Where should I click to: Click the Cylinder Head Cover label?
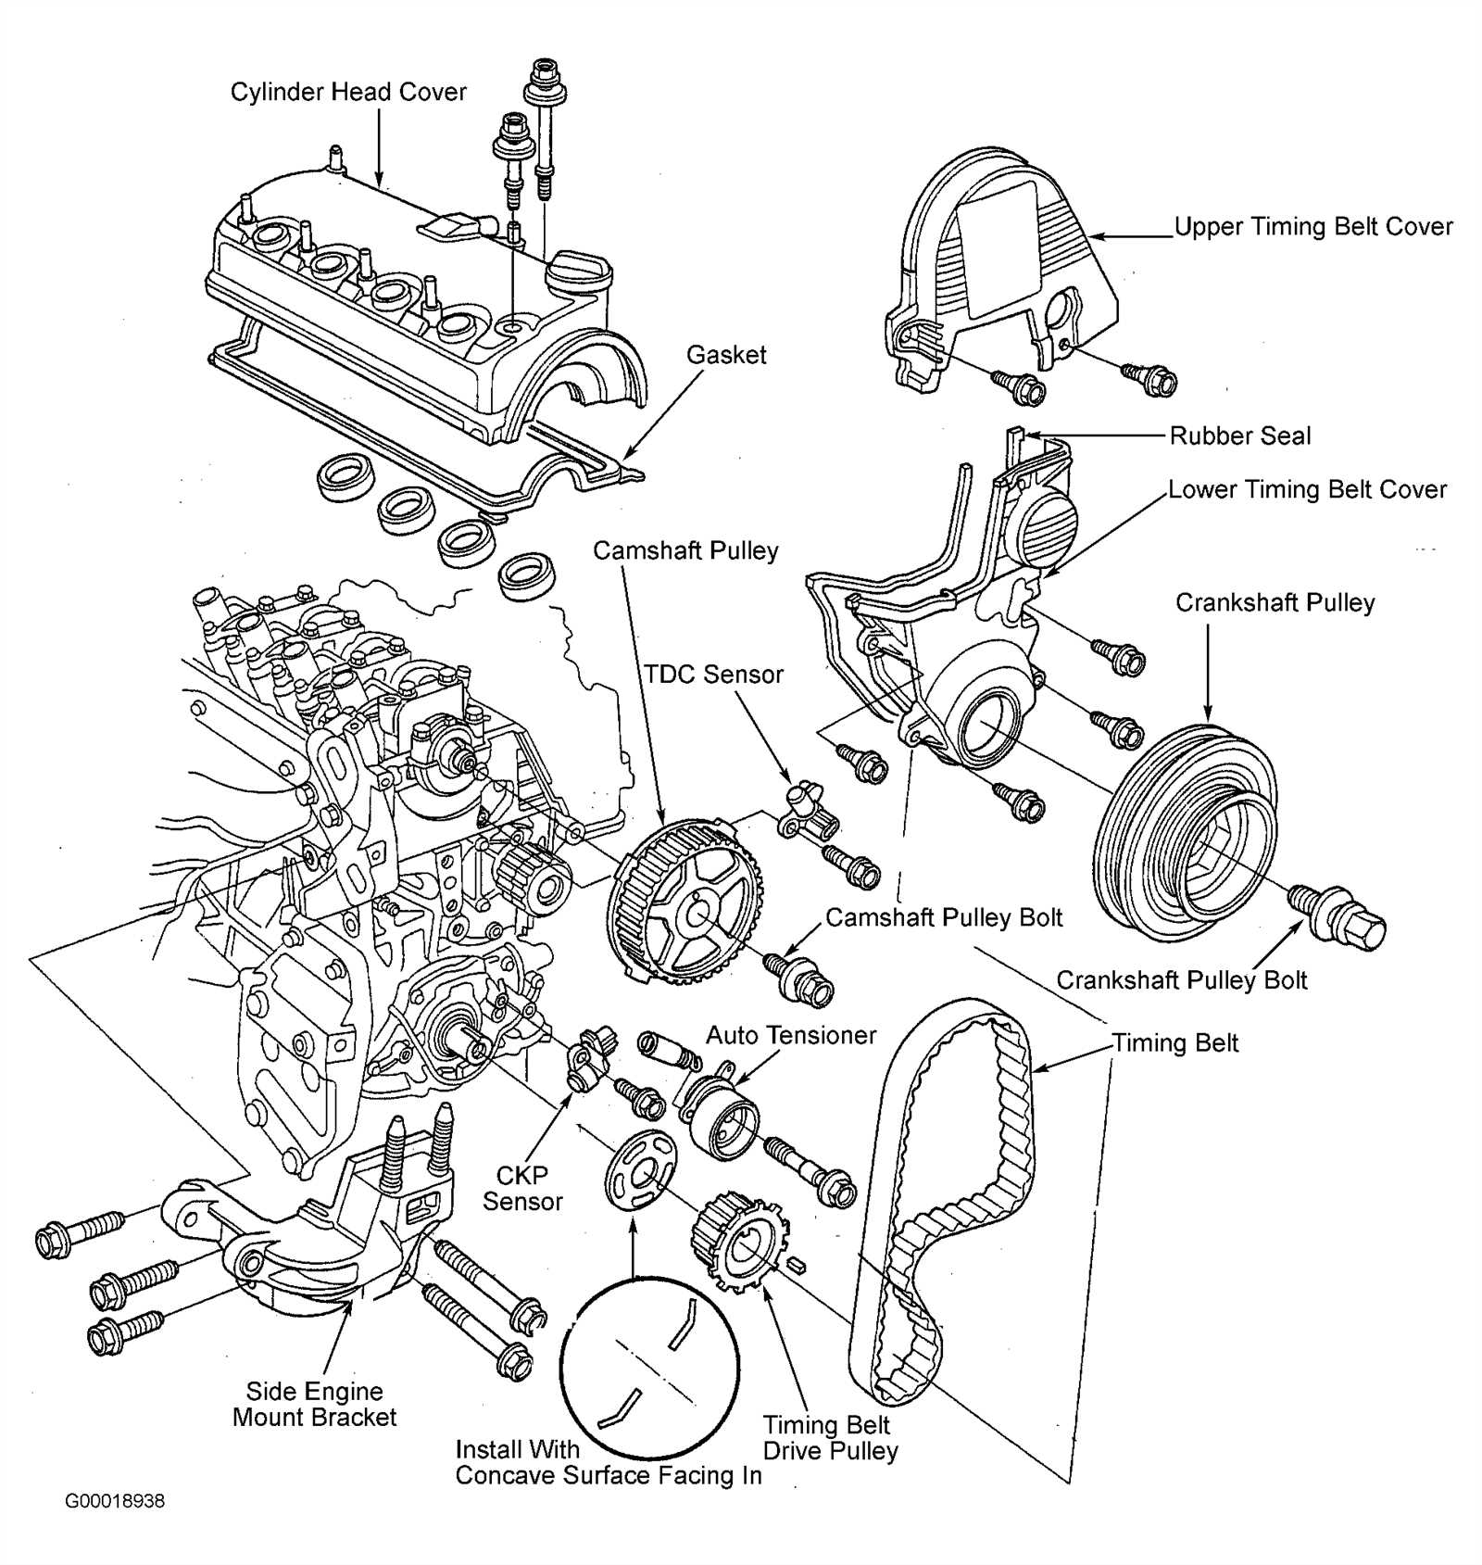point(348,92)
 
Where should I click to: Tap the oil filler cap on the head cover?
point(579,270)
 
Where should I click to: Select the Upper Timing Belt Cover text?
point(1312,227)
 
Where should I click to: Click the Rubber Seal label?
point(1239,435)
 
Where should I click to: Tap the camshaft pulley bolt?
point(798,978)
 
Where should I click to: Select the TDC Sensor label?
point(713,675)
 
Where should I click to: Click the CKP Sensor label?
point(522,1188)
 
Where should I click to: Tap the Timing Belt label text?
point(1174,1043)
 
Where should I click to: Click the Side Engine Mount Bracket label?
point(314,1404)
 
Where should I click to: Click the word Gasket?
point(726,355)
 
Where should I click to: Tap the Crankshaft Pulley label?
point(1275,603)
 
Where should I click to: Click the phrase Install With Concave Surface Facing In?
point(609,1462)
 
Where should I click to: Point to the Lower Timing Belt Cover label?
point(1306,490)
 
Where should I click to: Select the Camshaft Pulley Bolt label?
point(943,918)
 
